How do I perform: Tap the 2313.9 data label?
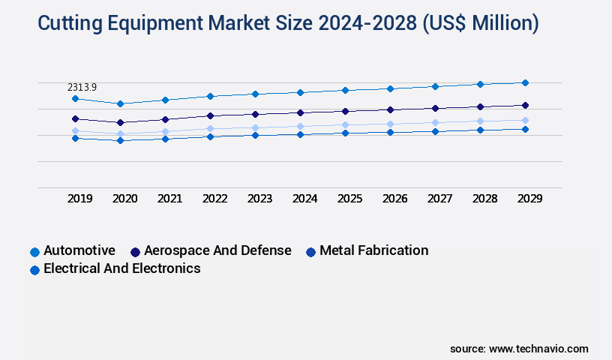[82, 88]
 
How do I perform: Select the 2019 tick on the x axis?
[80, 199]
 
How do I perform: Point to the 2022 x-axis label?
[215, 199]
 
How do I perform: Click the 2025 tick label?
[350, 199]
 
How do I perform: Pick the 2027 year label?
[440, 199]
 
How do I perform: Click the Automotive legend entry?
[79, 250]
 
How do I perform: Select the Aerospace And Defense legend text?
[217, 250]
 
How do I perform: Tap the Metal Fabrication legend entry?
[373, 250]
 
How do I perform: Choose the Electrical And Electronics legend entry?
[121, 268]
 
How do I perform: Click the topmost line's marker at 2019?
[75, 98]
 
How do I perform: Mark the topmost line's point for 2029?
[525, 82]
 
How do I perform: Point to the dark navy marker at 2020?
[120, 122]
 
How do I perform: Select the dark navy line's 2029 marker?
[525, 105]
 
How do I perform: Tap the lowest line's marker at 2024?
[300, 134]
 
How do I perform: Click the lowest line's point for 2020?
[120, 140]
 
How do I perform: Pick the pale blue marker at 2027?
[435, 122]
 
